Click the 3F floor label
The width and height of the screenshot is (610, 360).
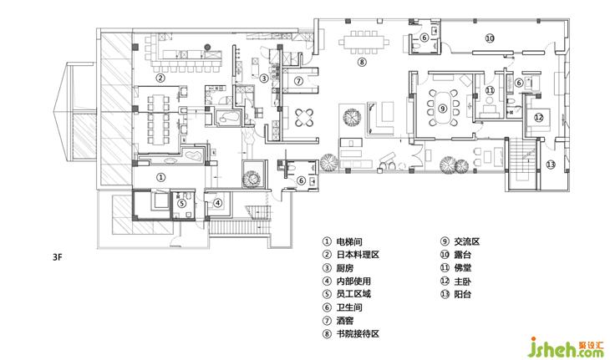[x=57, y=257]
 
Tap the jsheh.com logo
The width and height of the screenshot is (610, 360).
[x=566, y=347]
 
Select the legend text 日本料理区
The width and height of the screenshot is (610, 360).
[x=358, y=255]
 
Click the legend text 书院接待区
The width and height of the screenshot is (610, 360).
[x=358, y=333]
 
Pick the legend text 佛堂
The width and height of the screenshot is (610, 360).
[x=463, y=267]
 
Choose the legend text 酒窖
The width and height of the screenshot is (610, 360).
[x=344, y=321]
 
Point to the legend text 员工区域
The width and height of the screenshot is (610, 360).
[x=353, y=294]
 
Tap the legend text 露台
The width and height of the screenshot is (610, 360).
[x=463, y=255]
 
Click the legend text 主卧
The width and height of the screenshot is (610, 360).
[x=463, y=281]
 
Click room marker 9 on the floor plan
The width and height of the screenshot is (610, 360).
[x=442, y=109]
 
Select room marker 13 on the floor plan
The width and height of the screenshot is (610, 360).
[x=551, y=165]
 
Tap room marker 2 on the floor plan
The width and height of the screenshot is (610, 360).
[x=160, y=78]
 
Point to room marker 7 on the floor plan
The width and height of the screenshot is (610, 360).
[x=298, y=81]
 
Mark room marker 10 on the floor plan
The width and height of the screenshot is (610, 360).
[x=490, y=38]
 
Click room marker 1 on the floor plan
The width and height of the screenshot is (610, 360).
[x=160, y=177]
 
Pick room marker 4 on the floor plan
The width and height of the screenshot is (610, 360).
[x=218, y=202]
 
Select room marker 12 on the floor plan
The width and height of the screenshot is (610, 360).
[x=538, y=117]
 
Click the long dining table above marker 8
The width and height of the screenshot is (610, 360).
[x=363, y=42]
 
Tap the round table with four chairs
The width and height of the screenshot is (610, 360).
[x=304, y=118]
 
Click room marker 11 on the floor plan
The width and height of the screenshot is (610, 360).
[x=490, y=90]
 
